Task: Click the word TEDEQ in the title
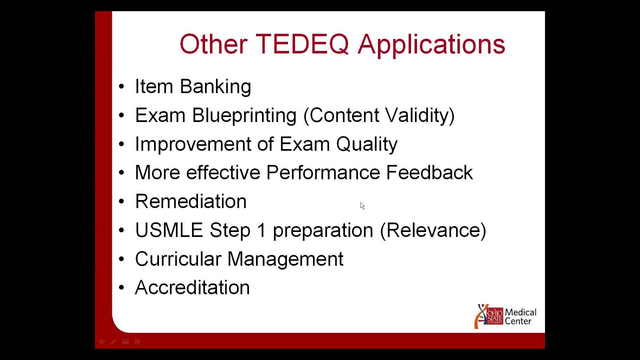coord(302,44)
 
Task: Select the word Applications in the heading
coord(431,45)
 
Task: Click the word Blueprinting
coord(244,116)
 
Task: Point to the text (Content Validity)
coord(379,115)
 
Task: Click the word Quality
coord(366,144)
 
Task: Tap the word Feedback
coord(429,172)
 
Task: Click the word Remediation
coord(190,201)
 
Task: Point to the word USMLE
coord(168,230)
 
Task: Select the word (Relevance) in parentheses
coord(433,230)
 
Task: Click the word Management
coord(285,259)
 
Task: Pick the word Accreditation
coord(192,287)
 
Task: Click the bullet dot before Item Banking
coord(121,87)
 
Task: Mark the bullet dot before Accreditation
coord(121,288)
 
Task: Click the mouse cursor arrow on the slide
coord(362,205)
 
